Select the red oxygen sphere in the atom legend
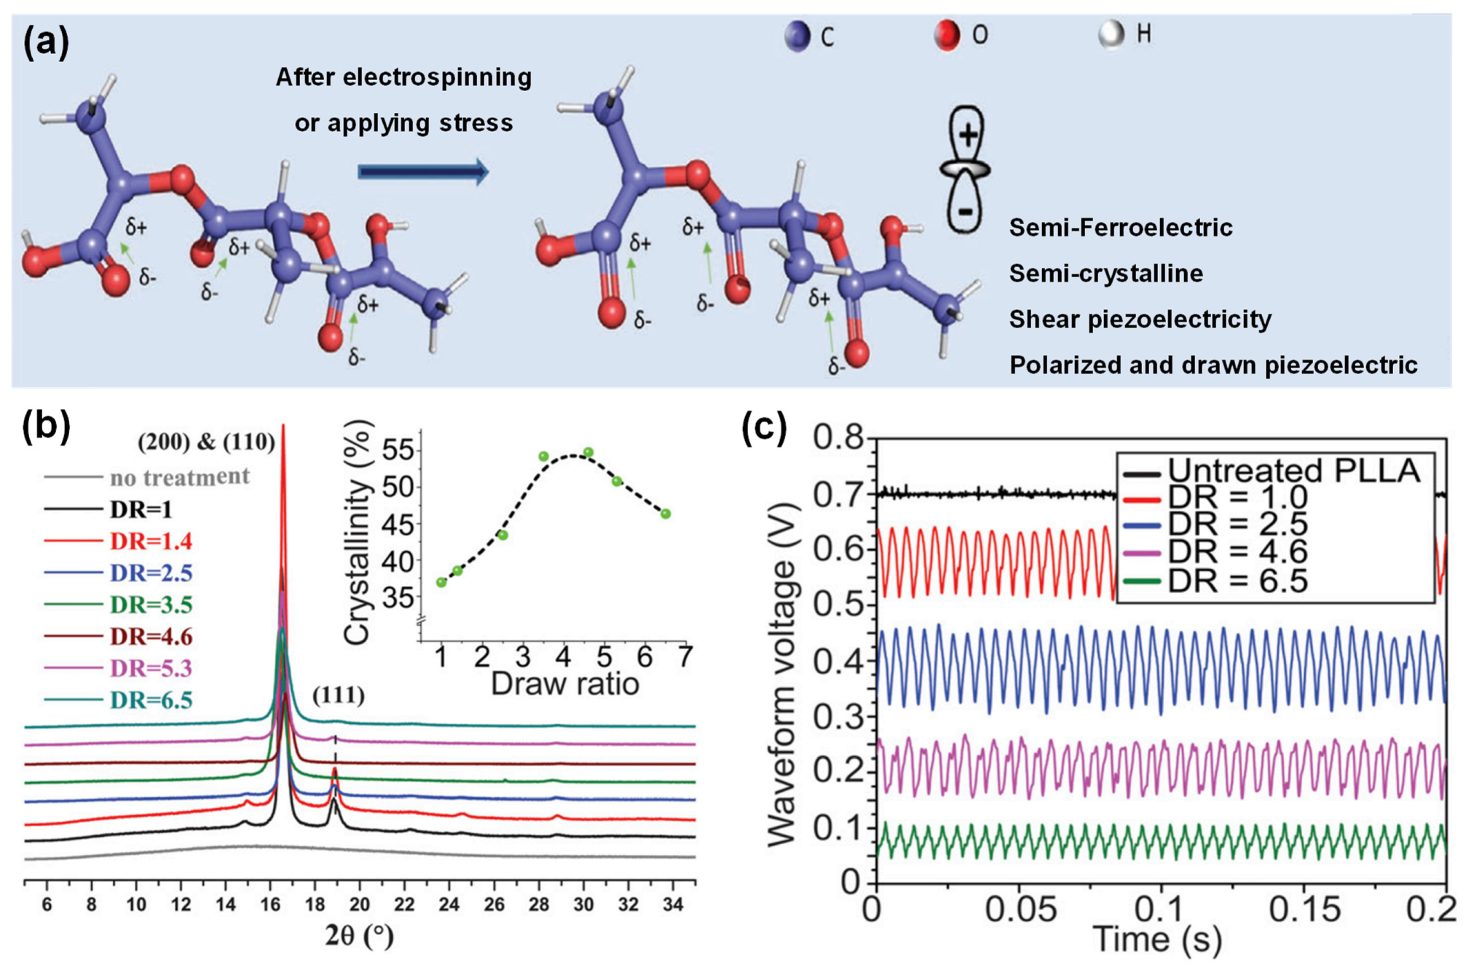point(946,35)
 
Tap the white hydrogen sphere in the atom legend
point(1111,34)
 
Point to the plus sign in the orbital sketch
point(968,134)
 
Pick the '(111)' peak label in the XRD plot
point(338,696)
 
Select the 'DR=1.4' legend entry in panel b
point(151,541)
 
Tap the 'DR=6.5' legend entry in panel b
point(151,700)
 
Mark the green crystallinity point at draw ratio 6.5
point(665,513)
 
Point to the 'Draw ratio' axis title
point(565,684)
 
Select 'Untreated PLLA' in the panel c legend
point(1293,471)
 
